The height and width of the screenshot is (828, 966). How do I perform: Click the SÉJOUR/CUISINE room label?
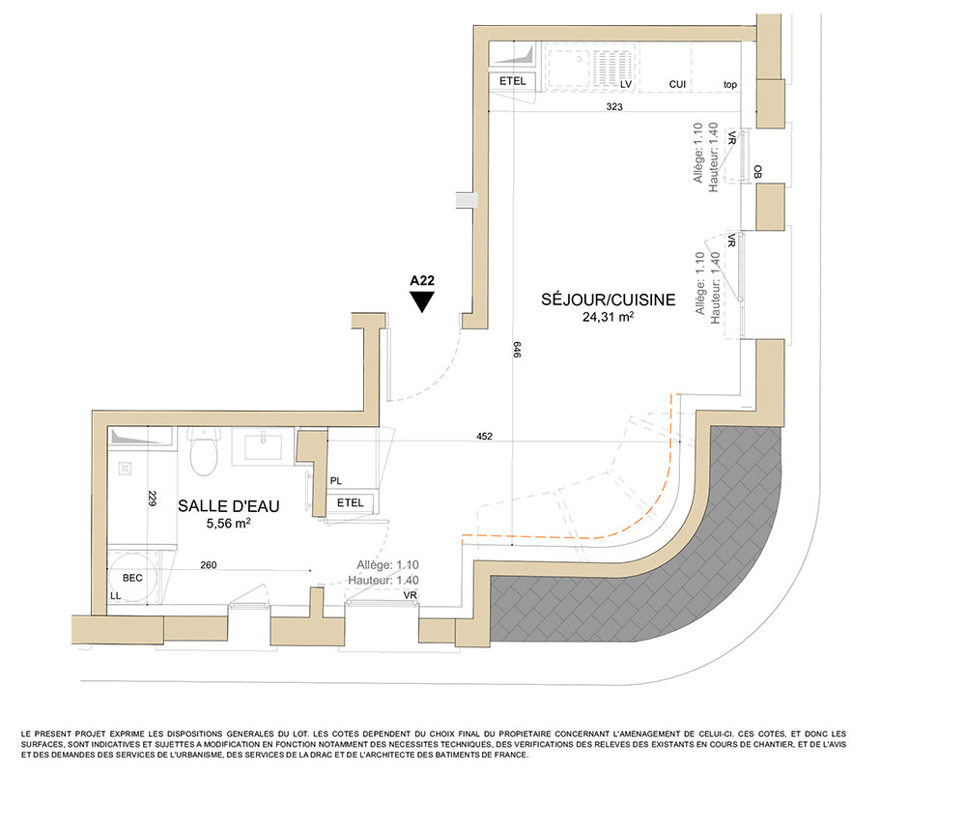point(608,300)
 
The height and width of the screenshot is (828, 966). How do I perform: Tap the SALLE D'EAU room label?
point(229,506)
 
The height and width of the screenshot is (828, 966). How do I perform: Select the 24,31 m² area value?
point(608,317)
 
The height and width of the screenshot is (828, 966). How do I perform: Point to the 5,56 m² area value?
point(228,523)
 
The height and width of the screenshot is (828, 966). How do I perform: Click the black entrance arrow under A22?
point(422,301)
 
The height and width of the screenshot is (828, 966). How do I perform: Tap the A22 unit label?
point(422,280)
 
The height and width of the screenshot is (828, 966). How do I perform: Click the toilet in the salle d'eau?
point(204,451)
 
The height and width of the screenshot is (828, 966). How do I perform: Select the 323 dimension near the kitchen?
point(614,106)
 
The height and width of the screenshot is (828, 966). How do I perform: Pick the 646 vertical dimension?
point(517,350)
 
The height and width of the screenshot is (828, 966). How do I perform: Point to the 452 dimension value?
point(484,436)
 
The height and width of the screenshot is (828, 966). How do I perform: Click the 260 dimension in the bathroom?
point(209,565)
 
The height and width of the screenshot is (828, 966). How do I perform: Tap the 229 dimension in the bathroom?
point(153,498)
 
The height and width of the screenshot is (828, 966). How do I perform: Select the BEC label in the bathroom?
point(132,578)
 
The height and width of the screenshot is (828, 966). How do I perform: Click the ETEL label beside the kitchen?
point(513,81)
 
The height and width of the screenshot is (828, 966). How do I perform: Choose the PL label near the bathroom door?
point(336,480)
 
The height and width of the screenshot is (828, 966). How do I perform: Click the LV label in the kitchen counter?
point(626,84)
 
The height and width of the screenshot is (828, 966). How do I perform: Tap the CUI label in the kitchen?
point(677,84)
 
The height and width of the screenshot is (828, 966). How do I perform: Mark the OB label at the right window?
point(757,171)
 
